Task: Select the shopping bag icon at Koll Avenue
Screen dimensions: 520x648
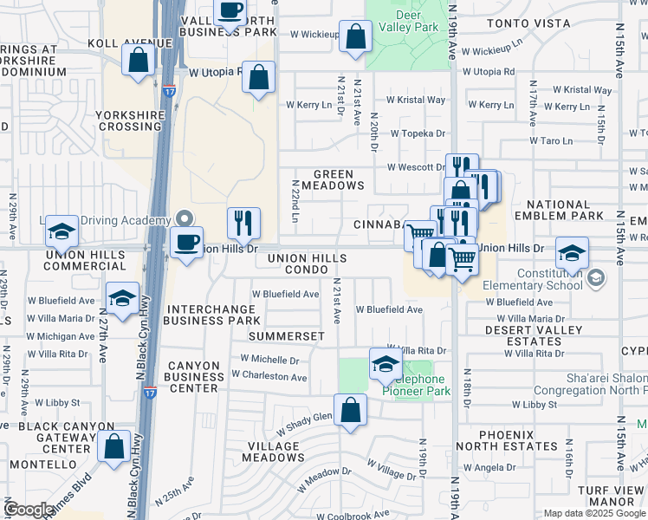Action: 138,62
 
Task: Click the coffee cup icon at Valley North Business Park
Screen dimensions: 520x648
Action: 230,12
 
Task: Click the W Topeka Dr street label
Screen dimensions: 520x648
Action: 417,133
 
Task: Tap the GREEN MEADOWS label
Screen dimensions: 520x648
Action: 333,179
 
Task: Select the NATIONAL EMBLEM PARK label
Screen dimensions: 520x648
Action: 558,210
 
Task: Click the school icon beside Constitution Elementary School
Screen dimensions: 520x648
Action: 571,254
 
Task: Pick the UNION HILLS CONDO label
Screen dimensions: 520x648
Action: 307,264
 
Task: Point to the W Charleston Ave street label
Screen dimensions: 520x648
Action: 269,377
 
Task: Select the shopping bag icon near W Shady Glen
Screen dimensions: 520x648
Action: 350,411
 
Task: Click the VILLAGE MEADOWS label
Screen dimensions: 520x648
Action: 274,452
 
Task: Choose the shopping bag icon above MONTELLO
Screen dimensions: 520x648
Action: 113,446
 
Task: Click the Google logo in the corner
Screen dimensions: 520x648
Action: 29,510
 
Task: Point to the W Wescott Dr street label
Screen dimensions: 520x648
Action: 415,166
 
